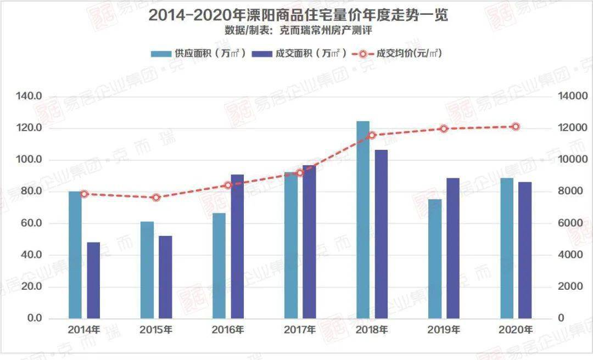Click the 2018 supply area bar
[363, 220]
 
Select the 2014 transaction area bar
[93, 280]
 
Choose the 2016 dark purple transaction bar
[237, 246]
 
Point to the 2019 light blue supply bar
[435, 258]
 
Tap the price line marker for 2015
[156, 198]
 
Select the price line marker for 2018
[372, 135]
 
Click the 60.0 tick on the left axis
[32, 223]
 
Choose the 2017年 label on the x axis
[300, 330]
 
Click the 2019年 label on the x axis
[444, 330]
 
